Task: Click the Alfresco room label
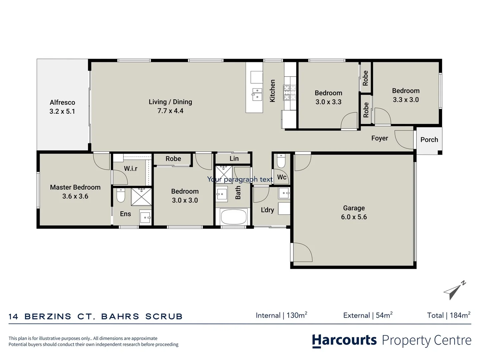[62, 102]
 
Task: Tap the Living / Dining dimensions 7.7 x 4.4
[170, 111]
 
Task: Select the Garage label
[354, 208]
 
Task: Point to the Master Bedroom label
[75, 187]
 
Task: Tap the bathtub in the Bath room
[234, 217]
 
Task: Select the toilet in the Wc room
[281, 161]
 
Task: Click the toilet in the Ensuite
[121, 196]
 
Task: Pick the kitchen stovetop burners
[289, 93]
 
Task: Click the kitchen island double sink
[257, 94]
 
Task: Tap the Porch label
[429, 140]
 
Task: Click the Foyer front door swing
[404, 140]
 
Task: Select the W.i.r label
[131, 169]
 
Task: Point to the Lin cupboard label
[234, 159]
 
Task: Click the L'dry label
[267, 210]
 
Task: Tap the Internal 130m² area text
[281, 315]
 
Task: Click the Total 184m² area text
[449, 315]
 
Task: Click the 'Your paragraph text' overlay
[240, 179]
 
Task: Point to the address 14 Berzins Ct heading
[96, 316]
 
